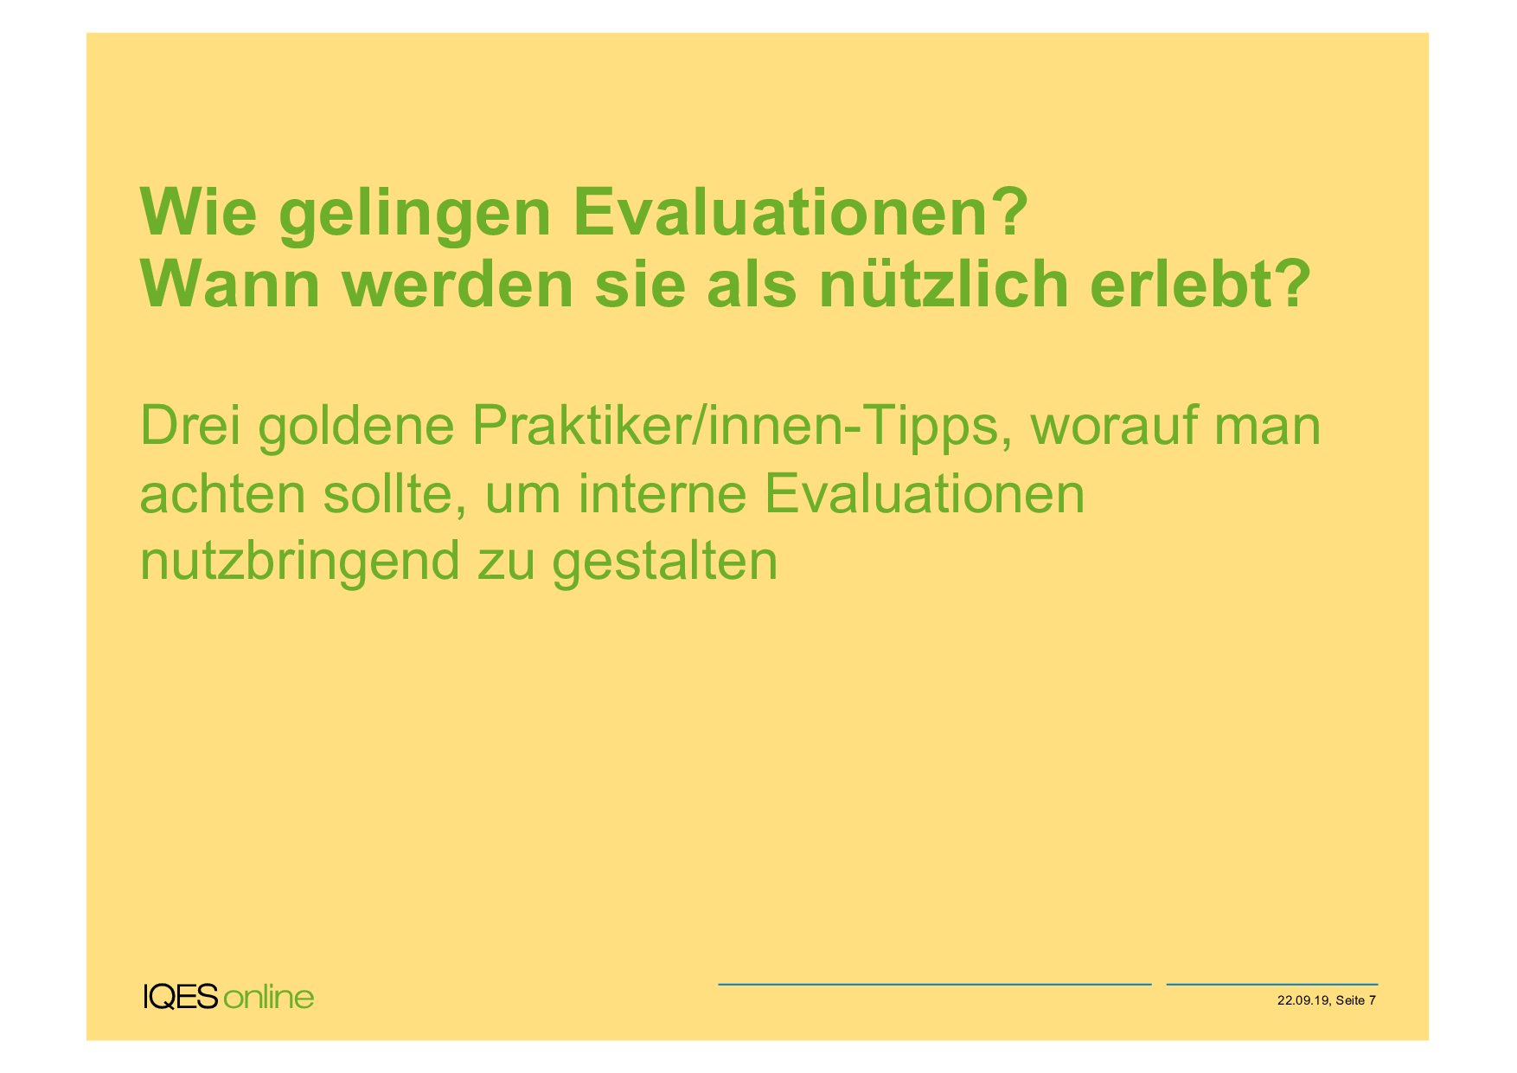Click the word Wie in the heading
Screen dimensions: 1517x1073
[199, 212]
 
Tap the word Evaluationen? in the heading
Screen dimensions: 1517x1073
[801, 212]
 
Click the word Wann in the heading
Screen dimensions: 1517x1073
[231, 284]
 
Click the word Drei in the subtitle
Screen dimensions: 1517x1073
[189, 425]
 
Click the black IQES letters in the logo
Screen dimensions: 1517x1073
[181, 997]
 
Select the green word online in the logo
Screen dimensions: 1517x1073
[268, 997]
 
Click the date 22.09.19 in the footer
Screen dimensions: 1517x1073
[1303, 1000]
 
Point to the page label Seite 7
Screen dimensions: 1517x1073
[1355, 1000]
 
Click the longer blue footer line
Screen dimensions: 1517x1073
[934, 984]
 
